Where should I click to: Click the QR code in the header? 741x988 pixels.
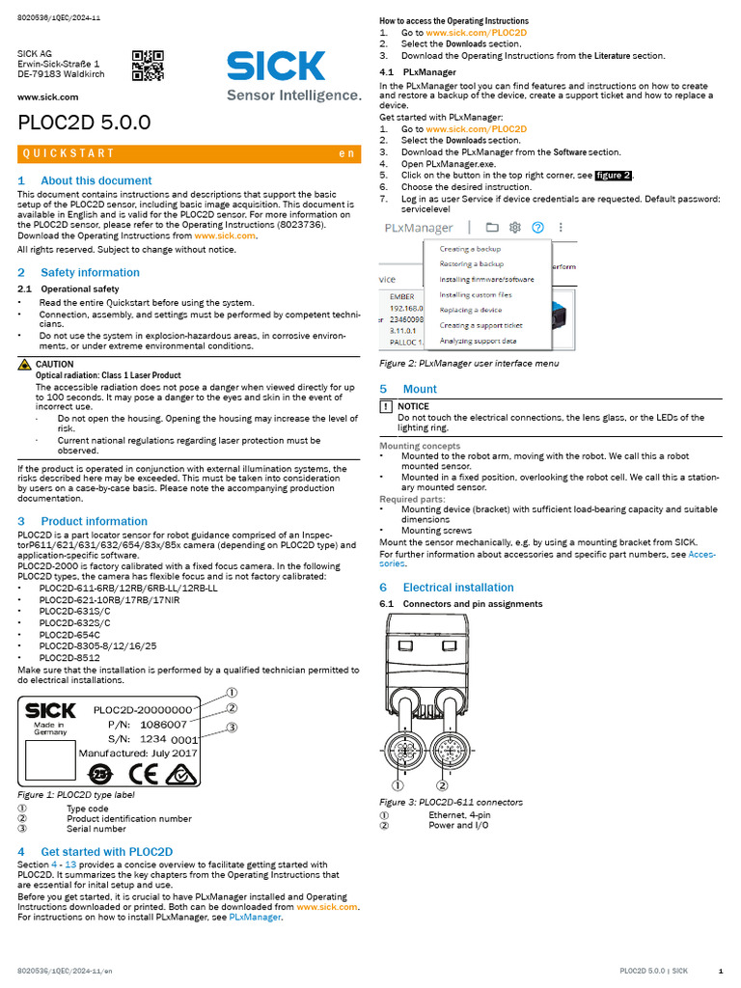pos(148,66)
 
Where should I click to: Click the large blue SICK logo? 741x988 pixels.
pos(276,66)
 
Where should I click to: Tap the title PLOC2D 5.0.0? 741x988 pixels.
pos(84,123)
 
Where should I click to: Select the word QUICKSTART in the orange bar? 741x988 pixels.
pos(69,153)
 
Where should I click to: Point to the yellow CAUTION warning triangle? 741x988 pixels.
pos(25,365)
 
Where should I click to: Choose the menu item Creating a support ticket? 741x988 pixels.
pos(480,325)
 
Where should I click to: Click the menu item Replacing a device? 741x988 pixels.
pos(471,310)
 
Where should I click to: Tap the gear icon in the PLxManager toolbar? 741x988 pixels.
pos(515,228)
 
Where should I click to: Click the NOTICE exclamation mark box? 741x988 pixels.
pos(386,406)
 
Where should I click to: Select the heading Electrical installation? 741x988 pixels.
pos(458,587)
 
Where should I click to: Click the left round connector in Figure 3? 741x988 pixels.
pos(406,751)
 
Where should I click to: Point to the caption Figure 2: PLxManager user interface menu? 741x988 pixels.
pos(468,363)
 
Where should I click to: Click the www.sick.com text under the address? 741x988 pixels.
pos(47,97)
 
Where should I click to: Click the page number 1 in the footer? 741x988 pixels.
pos(721,970)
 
